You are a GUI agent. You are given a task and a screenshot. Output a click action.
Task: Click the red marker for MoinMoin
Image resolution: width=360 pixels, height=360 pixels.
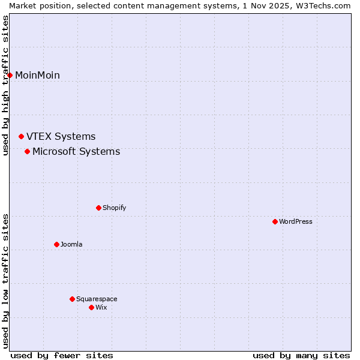10,75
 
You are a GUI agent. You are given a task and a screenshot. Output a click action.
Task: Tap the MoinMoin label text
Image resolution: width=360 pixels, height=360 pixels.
37,75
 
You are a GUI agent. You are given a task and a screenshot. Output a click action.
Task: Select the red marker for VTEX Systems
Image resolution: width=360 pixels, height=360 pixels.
22,137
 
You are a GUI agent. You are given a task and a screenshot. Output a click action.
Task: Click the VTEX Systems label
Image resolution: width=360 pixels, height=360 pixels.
61,137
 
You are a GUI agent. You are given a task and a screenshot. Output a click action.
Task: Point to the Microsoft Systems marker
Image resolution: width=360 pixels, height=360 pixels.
28,151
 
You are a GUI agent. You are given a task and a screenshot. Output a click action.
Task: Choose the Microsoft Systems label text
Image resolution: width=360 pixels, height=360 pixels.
76,151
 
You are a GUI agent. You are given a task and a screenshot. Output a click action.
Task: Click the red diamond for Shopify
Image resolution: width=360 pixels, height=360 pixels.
98,208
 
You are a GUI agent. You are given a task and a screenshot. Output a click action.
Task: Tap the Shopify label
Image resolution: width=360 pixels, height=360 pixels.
114,208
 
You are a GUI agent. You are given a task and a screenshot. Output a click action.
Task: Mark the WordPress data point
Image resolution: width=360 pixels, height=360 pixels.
275,221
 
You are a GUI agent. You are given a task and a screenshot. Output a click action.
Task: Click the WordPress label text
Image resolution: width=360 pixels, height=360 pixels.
295,221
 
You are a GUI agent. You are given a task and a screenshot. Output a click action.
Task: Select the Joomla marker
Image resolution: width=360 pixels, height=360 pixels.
56,244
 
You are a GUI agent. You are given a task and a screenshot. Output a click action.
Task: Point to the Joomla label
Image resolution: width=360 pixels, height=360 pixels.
71,244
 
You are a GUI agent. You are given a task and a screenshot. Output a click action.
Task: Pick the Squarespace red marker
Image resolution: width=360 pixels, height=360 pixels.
72,299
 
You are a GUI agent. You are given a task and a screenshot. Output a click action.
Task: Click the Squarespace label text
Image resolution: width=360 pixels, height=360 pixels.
97,299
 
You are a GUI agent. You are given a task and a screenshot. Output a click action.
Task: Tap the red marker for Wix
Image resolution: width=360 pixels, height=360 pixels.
91,307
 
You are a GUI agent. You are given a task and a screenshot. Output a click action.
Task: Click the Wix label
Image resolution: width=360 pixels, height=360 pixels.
101,307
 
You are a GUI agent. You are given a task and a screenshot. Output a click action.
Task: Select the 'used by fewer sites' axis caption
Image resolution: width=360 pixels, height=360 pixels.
62,355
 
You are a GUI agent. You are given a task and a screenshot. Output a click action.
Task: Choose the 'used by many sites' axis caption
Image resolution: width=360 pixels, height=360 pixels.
301,355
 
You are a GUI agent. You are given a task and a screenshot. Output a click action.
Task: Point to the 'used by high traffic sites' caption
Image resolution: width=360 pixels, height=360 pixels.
5,85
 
